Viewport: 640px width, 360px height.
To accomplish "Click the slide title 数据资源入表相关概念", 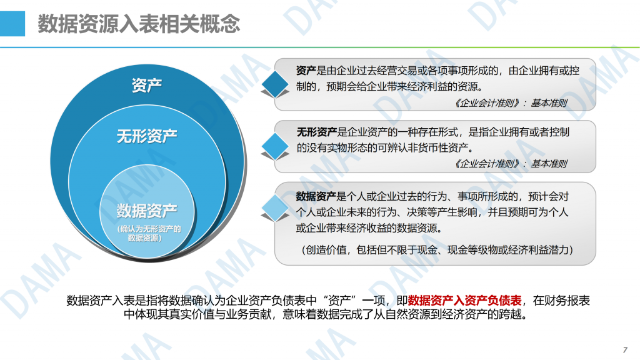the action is click(x=139, y=24).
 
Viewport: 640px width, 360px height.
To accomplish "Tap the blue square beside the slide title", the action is click(x=12, y=24).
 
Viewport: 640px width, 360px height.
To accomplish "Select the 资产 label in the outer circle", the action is click(x=147, y=85).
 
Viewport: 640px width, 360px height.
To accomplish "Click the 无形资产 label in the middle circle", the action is click(x=147, y=136).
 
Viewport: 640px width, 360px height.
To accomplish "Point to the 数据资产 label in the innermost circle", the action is click(x=147, y=211).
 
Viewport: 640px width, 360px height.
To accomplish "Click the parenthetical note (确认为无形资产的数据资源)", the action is click(x=149, y=233).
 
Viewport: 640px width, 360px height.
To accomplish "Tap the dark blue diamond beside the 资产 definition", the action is click(x=275, y=84).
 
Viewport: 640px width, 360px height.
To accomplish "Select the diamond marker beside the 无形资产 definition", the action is click(x=275, y=146).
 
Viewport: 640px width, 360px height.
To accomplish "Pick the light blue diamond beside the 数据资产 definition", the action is click(x=275, y=207).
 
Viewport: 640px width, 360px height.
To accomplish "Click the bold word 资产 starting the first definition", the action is click(x=306, y=71).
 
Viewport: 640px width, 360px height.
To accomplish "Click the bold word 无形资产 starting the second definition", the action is click(x=316, y=132).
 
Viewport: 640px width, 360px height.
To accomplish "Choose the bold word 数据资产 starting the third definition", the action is click(x=316, y=196).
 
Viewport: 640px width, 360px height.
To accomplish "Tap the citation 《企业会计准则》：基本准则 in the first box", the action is click(x=511, y=103).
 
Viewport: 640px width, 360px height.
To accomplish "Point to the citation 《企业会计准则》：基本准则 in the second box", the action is click(x=511, y=164).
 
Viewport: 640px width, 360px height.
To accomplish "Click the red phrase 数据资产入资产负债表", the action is click(x=465, y=301).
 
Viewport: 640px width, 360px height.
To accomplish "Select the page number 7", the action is click(x=625, y=350).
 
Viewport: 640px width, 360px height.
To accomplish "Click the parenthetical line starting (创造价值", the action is click(x=437, y=249).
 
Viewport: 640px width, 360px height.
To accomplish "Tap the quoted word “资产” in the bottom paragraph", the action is click(x=339, y=301).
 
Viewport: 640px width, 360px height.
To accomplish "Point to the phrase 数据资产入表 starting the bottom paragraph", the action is click(x=101, y=301).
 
